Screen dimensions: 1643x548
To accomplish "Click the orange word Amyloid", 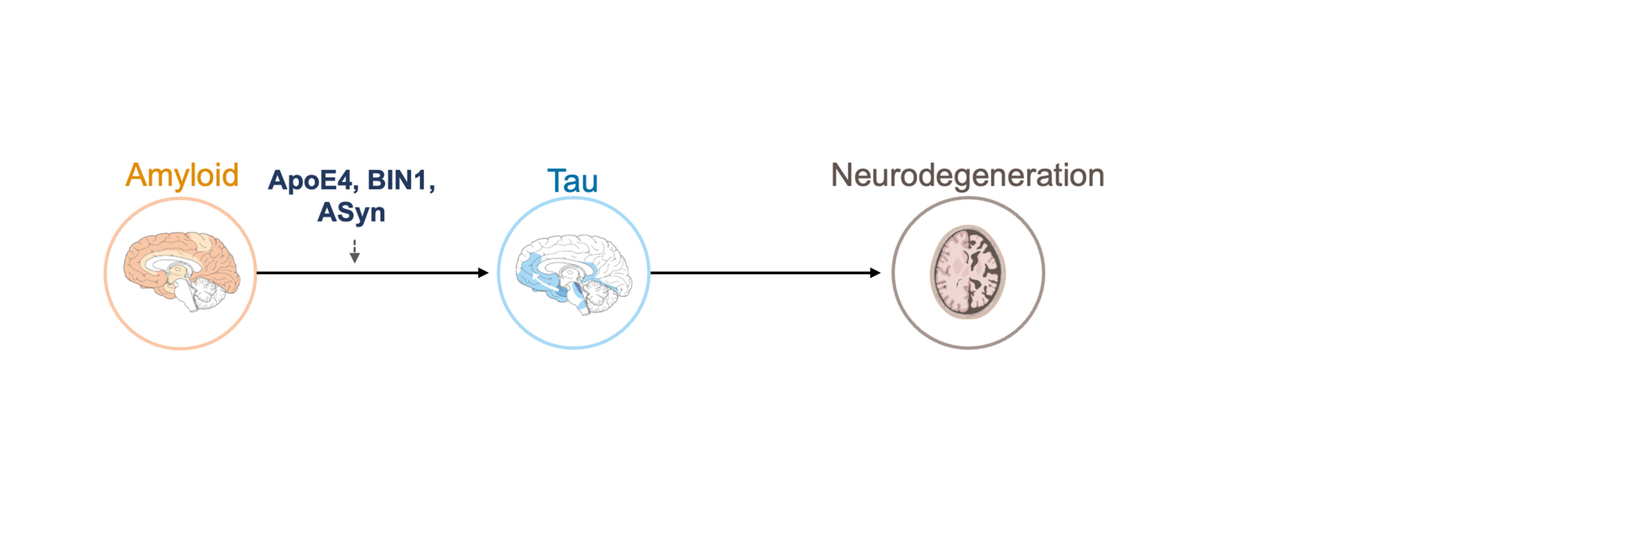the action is tap(182, 175).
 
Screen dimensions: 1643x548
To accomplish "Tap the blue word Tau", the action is tap(573, 181).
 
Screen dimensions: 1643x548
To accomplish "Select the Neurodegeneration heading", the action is tap(967, 175).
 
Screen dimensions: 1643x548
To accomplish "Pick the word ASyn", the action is tap(351, 212).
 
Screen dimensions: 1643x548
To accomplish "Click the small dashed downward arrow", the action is tap(355, 251).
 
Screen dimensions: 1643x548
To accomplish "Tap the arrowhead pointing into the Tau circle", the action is tap(483, 273).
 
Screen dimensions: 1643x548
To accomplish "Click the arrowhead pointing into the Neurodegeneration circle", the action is tap(876, 273).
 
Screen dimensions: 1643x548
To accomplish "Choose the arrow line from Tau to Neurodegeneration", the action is tap(765, 273).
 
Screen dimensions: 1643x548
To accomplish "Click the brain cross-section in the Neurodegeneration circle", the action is tap(968, 272).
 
